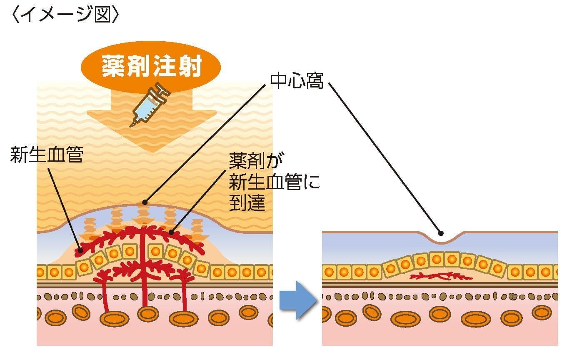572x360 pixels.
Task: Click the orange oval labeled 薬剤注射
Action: coord(152,67)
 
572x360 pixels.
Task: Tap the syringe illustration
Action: coord(148,104)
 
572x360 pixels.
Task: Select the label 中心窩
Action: coord(297,81)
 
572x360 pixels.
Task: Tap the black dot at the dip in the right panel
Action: coord(441,233)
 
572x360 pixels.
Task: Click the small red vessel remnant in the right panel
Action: coord(441,276)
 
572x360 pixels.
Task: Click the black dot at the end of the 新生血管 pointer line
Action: coord(80,251)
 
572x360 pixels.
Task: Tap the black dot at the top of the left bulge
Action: coord(145,202)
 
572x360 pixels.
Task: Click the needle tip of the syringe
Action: coord(132,124)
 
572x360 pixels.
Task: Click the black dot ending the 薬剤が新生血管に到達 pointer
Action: coord(172,232)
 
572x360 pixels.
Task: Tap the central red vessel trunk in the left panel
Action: coord(144,275)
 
